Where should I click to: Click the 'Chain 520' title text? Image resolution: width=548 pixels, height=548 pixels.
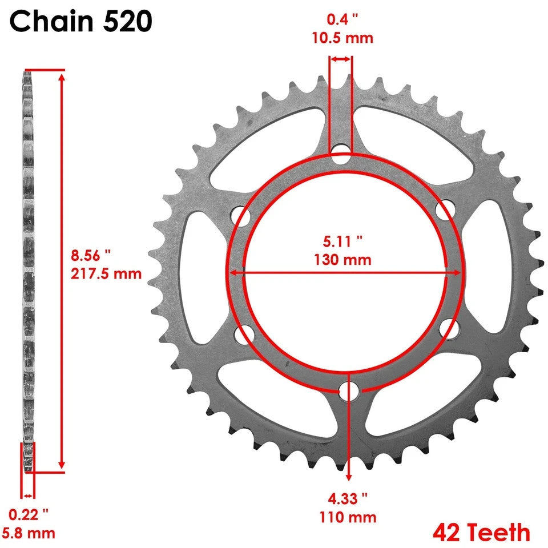coord(80,22)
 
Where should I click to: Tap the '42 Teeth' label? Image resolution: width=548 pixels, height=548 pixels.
coord(481,533)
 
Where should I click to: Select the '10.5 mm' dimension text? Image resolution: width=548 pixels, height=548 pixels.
coord(342,38)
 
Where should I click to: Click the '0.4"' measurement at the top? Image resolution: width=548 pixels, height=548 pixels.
coord(342,19)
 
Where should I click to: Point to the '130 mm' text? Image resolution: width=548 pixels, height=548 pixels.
coord(342,260)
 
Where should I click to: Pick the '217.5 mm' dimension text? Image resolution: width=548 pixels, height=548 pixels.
coord(106,273)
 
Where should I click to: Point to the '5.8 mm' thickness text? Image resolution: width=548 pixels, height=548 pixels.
coord(32,534)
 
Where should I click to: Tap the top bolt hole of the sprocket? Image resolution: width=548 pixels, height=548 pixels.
coord(341,154)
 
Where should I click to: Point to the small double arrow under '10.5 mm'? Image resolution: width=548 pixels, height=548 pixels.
coord(341,58)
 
